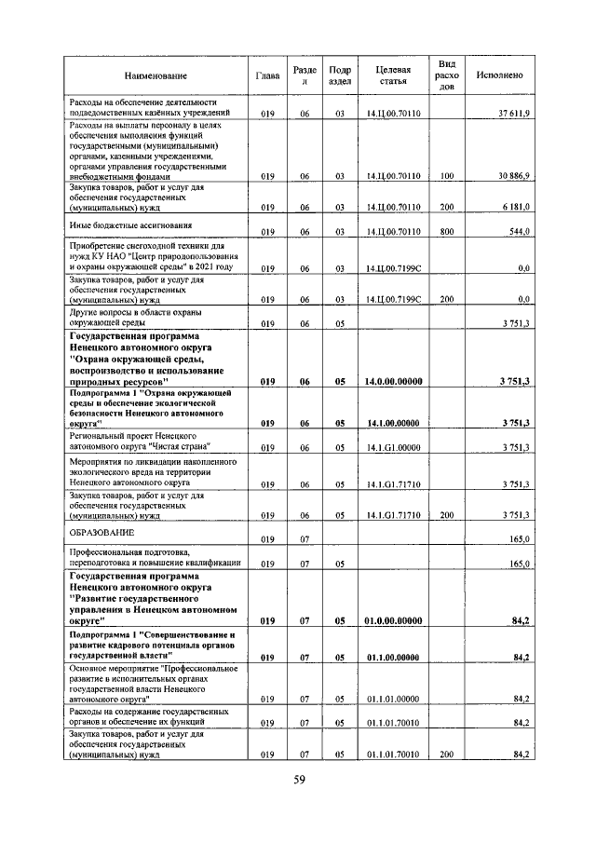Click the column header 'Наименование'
click(154, 75)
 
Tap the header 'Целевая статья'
click(394, 75)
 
